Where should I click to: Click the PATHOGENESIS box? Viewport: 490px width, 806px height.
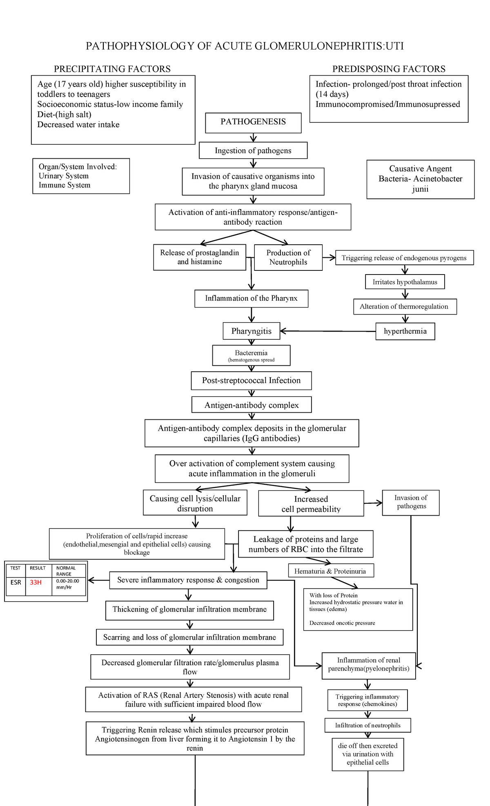(x=253, y=122)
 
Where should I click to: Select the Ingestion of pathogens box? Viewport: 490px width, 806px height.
(x=253, y=151)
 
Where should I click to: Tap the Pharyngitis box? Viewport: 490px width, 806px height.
(x=251, y=331)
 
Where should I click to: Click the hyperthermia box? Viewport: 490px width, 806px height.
(x=405, y=331)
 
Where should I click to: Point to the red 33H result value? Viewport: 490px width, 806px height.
(x=36, y=582)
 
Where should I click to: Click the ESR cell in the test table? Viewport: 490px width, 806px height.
(x=16, y=582)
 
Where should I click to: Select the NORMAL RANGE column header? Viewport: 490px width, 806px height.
(x=66, y=571)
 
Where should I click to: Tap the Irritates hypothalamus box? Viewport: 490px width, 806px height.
(x=405, y=282)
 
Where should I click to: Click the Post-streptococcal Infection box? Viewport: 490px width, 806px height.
(x=251, y=381)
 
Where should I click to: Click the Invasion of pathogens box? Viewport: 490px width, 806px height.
(x=411, y=503)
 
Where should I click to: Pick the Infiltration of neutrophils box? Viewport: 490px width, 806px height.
(x=367, y=725)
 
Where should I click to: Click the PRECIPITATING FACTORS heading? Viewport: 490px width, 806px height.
(x=112, y=69)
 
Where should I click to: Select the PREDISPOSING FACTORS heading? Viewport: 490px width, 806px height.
(x=389, y=69)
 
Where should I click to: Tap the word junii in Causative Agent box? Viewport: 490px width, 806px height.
(x=420, y=189)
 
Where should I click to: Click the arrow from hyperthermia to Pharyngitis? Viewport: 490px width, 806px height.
(x=327, y=331)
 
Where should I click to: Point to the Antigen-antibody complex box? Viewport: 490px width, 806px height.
(x=252, y=405)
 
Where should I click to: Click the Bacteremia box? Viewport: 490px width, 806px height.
(x=251, y=355)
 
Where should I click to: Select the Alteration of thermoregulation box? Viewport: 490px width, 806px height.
(x=404, y=307)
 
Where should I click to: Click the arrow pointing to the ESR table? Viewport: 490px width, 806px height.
(x=98, y=580)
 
